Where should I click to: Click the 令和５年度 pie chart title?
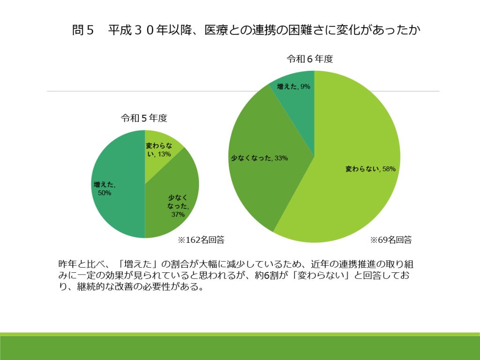[144, 118]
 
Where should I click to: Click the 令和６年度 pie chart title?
[310, 59]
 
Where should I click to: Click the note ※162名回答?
[201, 240]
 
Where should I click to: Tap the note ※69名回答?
[391, 240]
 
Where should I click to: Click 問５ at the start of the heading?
[83, 30]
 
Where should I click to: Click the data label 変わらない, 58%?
[371, 169]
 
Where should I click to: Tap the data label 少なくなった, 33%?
[259, 158]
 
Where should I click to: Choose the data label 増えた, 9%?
[293, 86]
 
